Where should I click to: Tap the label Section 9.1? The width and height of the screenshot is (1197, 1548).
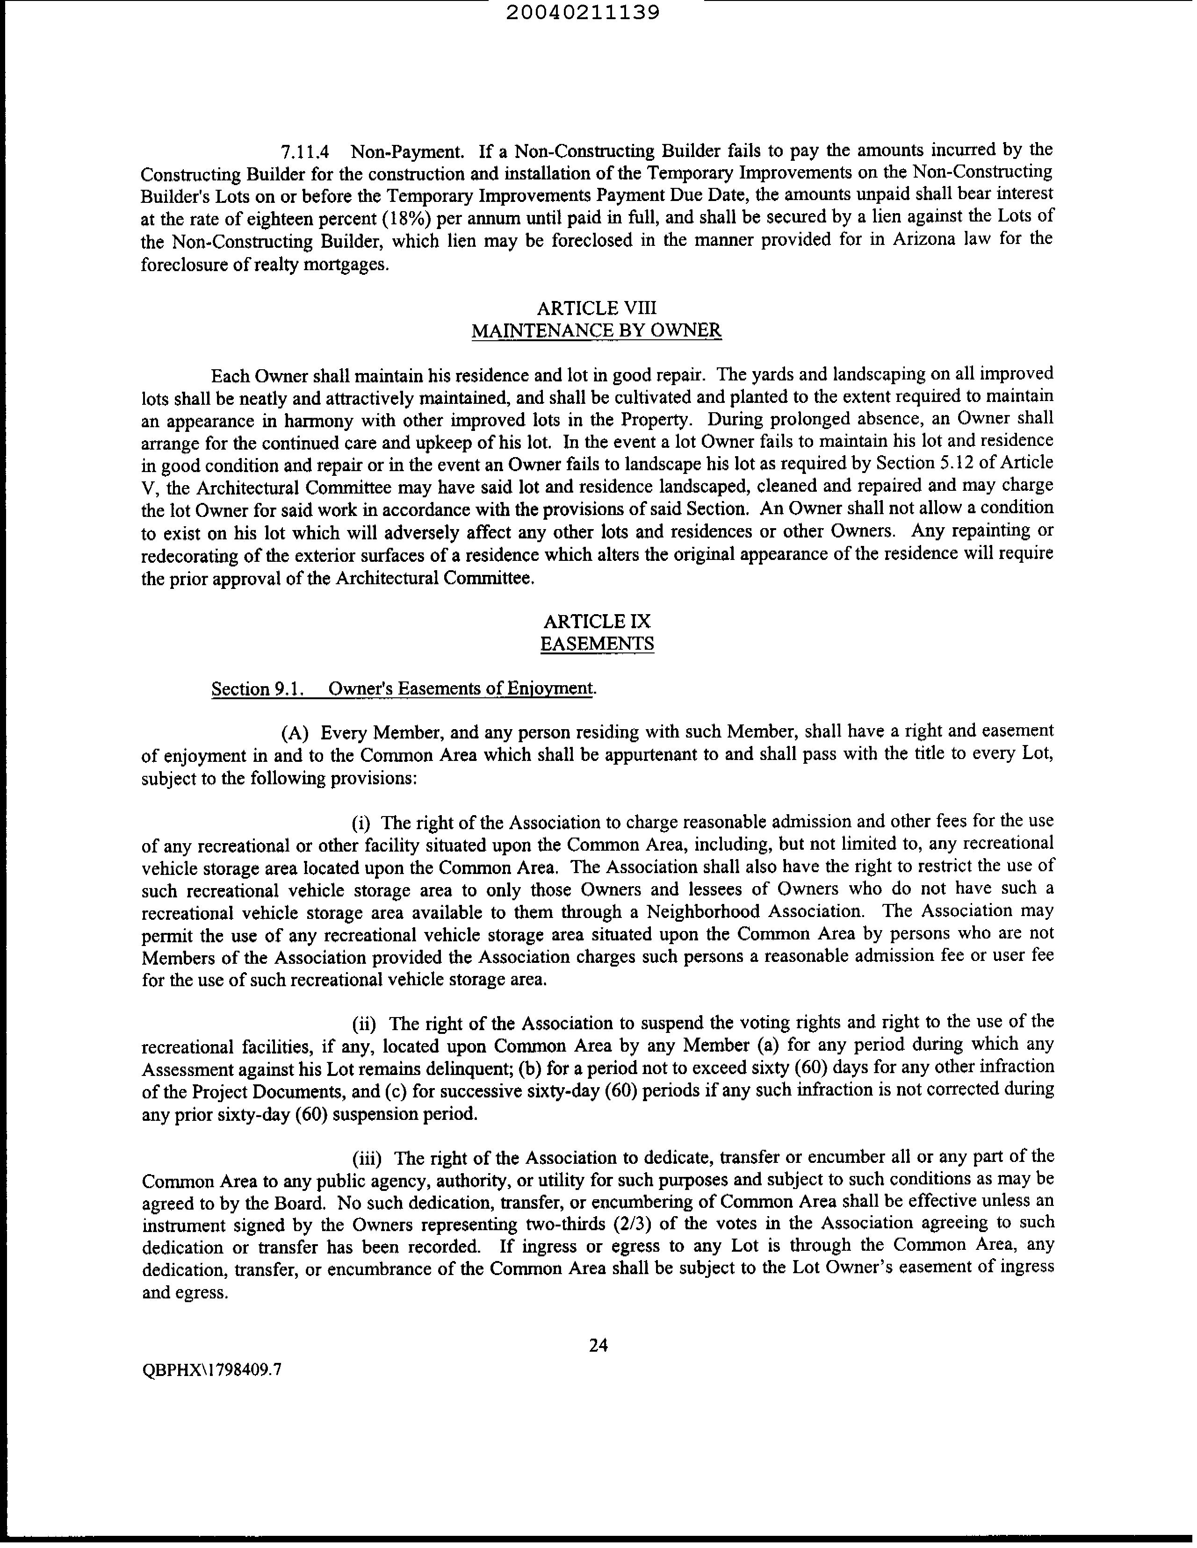click(258, 689)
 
